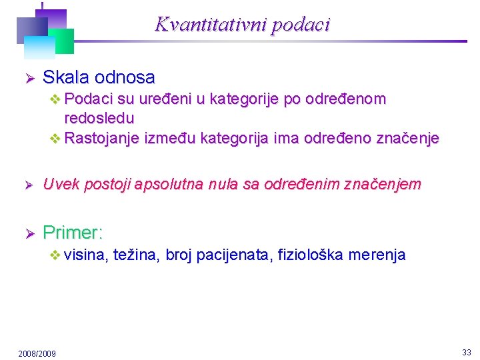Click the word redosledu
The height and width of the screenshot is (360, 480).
(x=99, y=119)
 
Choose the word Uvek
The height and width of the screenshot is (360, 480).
(x=59, y=185)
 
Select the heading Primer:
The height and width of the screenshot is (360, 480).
(x=73, y=233)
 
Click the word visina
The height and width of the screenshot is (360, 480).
(x=87, y=255)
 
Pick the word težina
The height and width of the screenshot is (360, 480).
(x=136, y=255)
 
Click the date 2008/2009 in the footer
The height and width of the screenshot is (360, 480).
(x=37, y=353)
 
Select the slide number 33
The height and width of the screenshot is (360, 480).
(x=466, y=352)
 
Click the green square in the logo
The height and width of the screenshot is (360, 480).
(x=63, y=41)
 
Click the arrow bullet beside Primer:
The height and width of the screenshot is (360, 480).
(x=29, y=233)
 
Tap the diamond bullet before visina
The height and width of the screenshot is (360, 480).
(x=56, y=255)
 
